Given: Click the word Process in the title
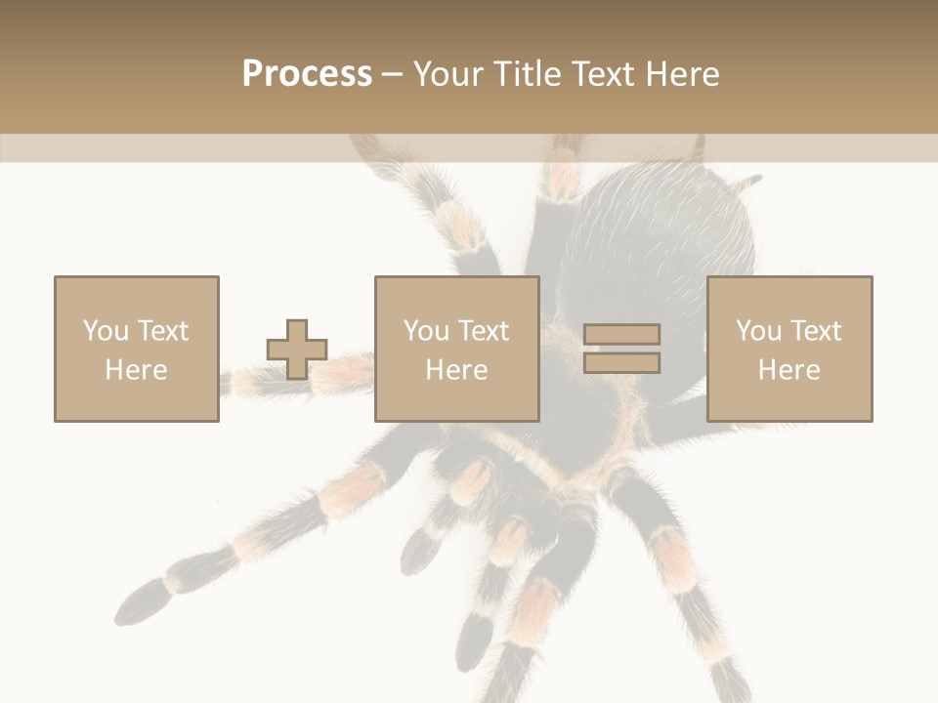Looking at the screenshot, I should point(307,74).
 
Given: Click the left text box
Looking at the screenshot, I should point(136,349).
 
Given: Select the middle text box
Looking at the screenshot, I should point(456,349).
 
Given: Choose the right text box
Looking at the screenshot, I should point(789,349).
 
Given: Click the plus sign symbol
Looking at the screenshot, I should point(297,349).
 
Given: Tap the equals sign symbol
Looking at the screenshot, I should point(621,349).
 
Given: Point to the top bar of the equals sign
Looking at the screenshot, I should point(621,334).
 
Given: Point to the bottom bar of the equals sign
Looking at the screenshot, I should point(621,363).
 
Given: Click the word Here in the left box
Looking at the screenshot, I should point(136,370).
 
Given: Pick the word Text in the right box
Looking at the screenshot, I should point(815,331).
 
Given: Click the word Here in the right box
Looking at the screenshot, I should point(789,370).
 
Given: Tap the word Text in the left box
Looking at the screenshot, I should point(162,331).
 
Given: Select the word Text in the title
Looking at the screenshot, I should point(599,74).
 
